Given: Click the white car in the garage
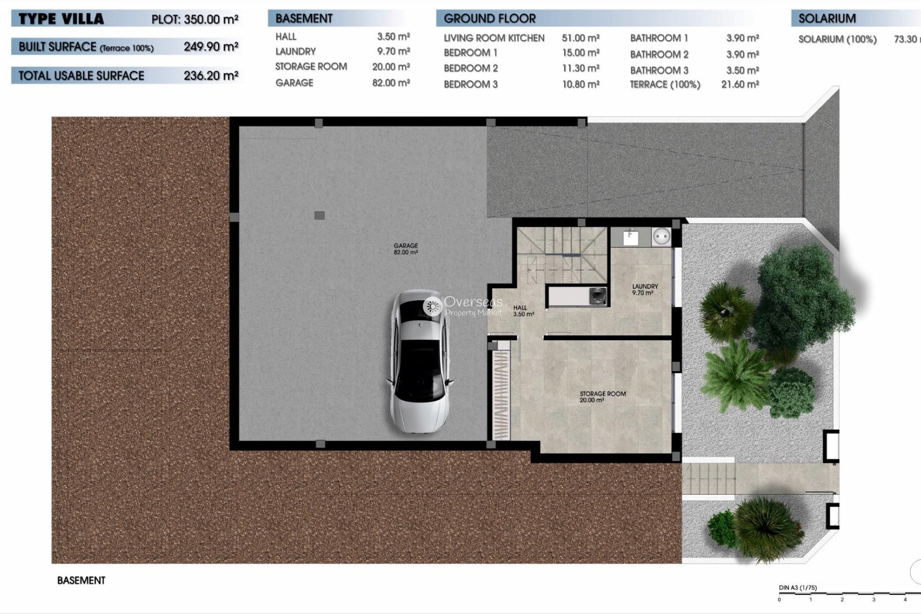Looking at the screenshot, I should [420, 363].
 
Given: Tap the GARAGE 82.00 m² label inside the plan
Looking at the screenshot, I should [406, 248].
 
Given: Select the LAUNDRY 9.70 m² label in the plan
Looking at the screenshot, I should [645, 289].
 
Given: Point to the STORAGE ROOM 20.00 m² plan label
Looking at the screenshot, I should [602, 396].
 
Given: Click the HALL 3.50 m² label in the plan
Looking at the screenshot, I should [523, 311].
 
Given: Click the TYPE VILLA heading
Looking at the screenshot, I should [61, 19].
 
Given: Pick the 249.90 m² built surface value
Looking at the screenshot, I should [211, 47].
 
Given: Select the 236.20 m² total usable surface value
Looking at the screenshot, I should [211, 75].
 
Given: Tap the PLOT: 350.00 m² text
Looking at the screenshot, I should [195, 20].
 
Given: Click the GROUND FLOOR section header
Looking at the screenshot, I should [489, 19].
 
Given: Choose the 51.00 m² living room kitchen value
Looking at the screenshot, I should [580, 38].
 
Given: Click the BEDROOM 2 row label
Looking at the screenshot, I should [471, 68].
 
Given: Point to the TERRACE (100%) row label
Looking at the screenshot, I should [665, 84].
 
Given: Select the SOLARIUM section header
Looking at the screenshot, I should [827, 19].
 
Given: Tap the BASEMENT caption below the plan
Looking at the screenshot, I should [81, 580].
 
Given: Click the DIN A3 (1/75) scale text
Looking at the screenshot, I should [797, 588].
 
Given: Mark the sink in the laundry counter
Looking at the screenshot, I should [630, 236].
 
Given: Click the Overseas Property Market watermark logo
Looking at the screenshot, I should [463, 306].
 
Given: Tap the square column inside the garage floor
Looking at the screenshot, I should [319, 215].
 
